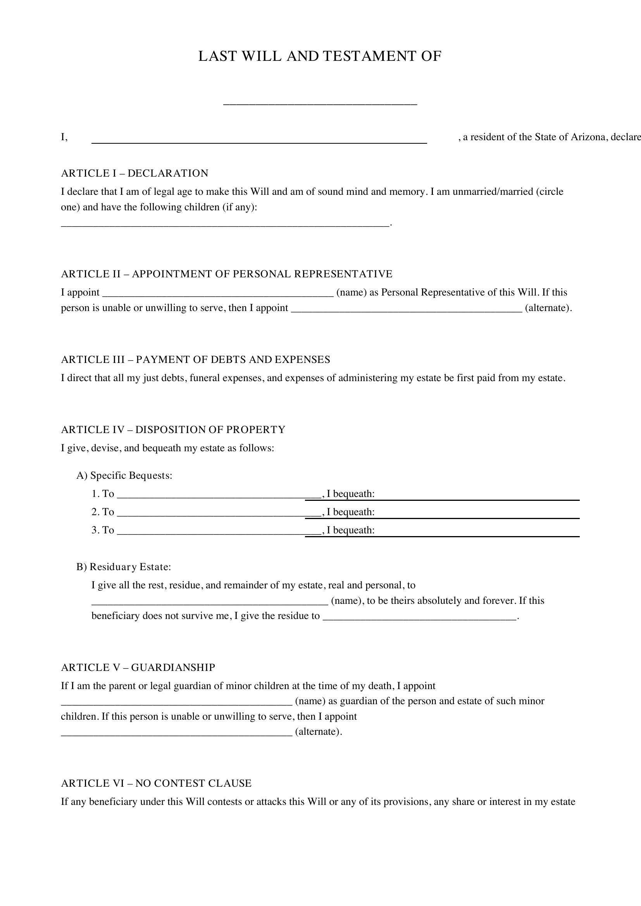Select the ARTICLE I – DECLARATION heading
pyautogui.click(x=134, y=173)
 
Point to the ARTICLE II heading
pyautogui.click(x=227, y=274)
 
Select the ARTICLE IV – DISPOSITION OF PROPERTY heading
pyautogui.click(x=173, y=430)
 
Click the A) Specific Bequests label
pyautogui.click(x=124, y=476)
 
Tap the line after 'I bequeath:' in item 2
pyautogui.click(x=477, y=517)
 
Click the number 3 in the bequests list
pyautogui.click(x=95, y=530)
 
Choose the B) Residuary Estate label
pyautogui.click(x=124, y=567)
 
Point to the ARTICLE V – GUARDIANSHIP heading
pyautogui.click(x=138, y=667)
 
